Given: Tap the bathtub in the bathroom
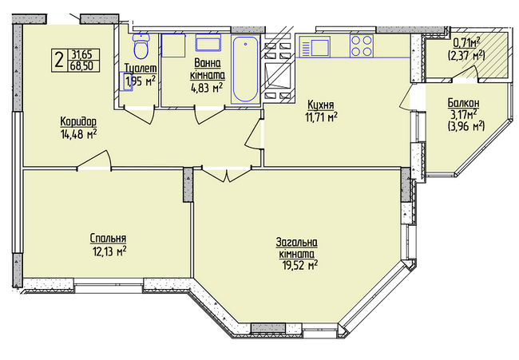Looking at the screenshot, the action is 245,69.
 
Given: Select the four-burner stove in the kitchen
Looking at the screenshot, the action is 362,45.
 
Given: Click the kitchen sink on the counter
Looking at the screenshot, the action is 315,46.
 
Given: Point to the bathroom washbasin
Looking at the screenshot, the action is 208,43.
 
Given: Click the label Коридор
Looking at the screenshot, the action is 78,121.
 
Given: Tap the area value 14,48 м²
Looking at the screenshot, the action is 78,134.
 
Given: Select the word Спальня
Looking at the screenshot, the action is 108,238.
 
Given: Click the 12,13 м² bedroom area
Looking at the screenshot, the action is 109,251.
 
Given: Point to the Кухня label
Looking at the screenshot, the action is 321,105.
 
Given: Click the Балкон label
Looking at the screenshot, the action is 463,103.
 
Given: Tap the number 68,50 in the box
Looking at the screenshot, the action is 79,65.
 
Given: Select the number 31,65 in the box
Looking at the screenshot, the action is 79,54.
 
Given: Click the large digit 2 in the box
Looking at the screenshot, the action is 59,60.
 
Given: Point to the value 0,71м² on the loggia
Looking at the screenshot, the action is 466,42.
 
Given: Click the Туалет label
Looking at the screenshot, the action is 141,69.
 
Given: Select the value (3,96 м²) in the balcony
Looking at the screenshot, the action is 466,126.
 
